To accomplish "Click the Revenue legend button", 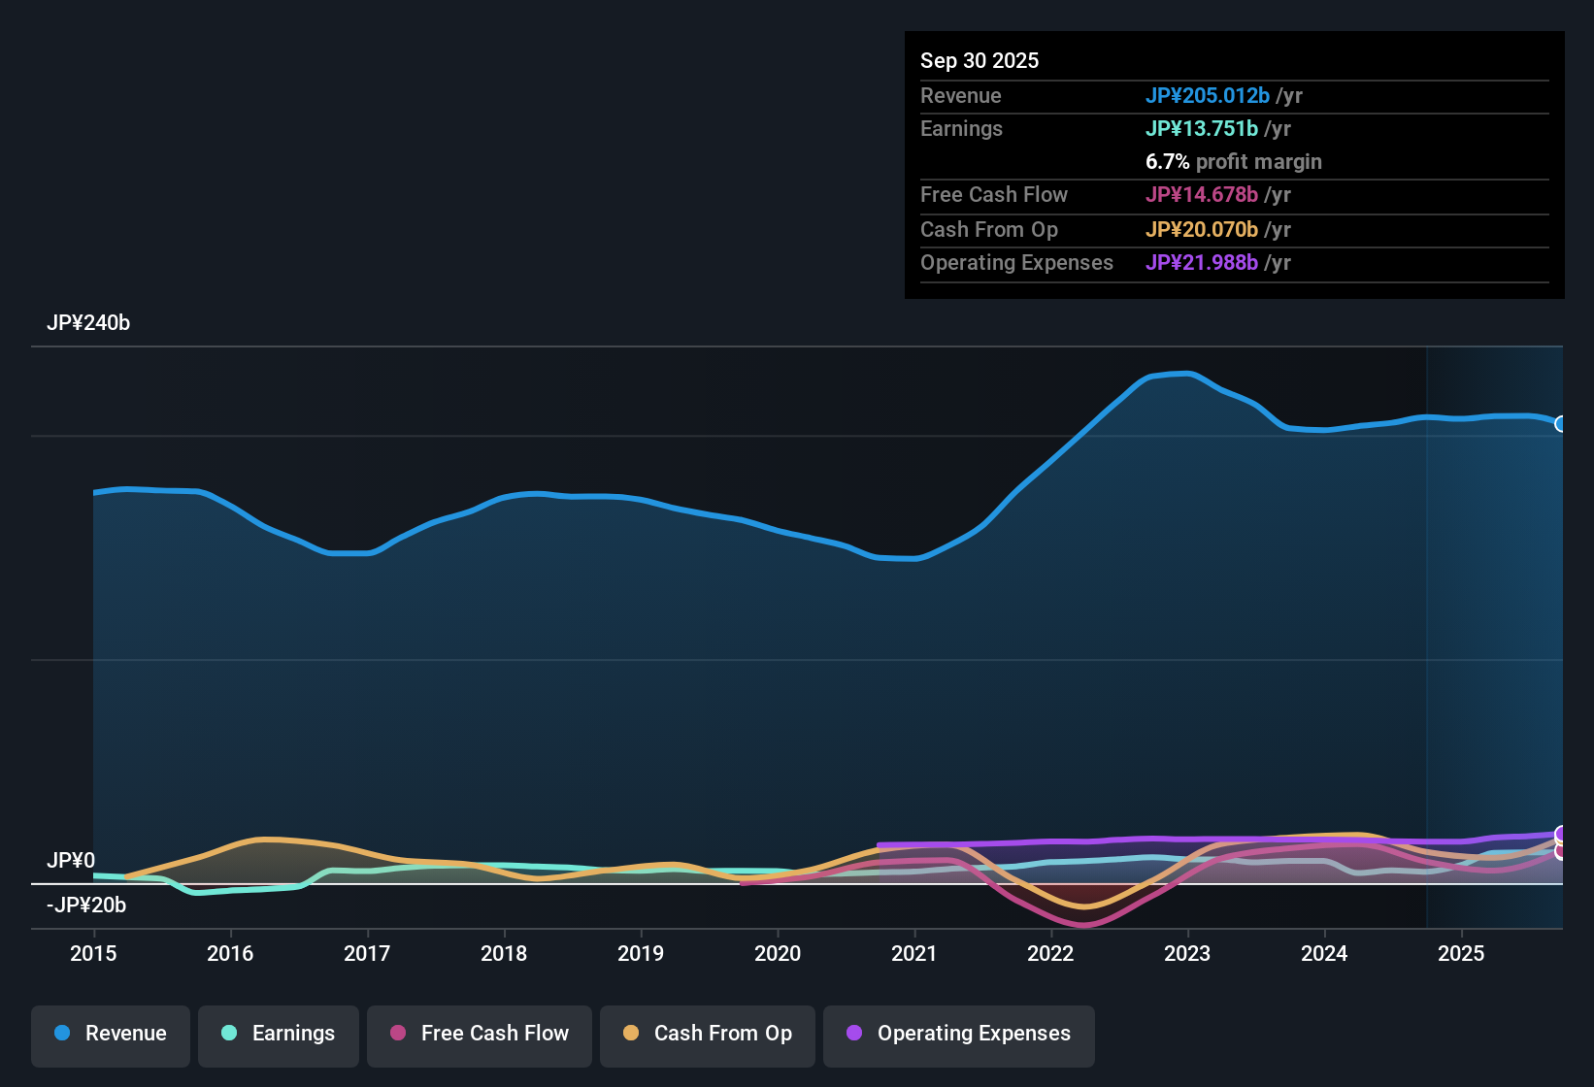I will click(111, 1034).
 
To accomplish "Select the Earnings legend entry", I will click(279, 1034).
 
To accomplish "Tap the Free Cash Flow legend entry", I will click(480, 1034).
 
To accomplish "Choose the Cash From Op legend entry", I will click(708, 1034).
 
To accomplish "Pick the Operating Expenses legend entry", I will click(959, 1034).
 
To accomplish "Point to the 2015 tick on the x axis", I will click(93, 953).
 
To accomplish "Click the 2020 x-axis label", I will click(778, 953).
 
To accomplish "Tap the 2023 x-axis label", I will click(1187, 953).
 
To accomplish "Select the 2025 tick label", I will click(1461, 953).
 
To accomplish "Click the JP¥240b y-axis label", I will click(88, 323).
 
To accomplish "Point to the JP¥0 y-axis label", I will click(71, 861).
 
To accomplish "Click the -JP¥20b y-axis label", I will click(86, 906).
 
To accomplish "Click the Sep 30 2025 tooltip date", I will click(980, 61).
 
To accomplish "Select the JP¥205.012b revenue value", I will click(1207, 96).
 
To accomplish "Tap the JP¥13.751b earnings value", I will click(1201, 129).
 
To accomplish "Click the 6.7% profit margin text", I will click(1233, 162).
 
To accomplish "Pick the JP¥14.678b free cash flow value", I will click(1201, 195).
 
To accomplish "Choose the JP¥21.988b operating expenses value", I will click(1201, 263).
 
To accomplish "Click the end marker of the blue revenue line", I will click(1561, 424).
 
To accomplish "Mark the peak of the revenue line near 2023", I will click(1186, 374).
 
